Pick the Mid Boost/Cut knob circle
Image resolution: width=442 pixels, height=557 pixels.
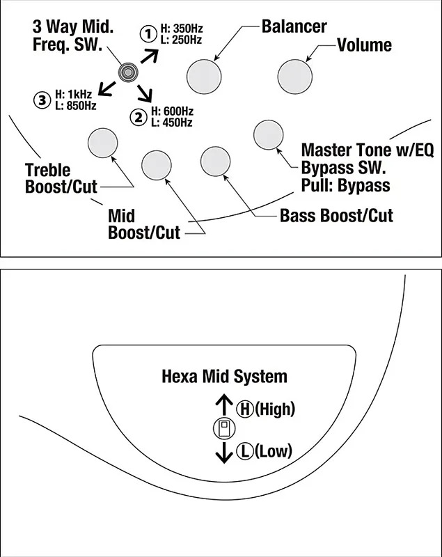coord(156,164)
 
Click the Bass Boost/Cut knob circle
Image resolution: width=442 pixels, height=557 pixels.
coord(215,162)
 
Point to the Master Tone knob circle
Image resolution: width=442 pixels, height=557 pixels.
coord(267,134)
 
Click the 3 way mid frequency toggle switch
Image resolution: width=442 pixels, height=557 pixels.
coord(128,71)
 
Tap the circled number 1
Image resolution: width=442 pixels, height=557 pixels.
coord(148,33)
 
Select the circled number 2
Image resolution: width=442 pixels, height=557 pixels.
coord(139,116)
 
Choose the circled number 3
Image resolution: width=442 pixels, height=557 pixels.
coord(42,100)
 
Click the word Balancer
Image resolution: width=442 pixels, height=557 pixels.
coord(294,27)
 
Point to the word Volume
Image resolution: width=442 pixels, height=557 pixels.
coord(364,46)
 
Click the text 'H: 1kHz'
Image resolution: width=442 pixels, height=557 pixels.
coord(74,95)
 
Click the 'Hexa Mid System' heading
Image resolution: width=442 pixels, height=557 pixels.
coord(224,377)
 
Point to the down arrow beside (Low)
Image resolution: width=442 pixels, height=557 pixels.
coord(224,453)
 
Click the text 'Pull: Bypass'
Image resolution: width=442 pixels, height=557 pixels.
coord(345,185)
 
